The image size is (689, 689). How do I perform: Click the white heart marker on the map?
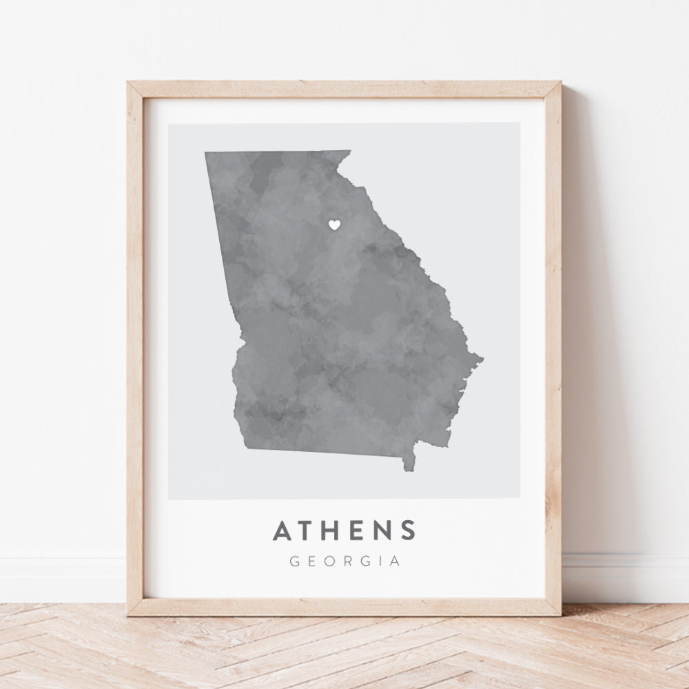point(333,224)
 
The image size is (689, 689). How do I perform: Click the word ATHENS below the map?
point(344,531)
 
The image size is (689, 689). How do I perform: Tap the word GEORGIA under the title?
point(344,561)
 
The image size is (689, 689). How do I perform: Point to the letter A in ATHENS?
point(282,531)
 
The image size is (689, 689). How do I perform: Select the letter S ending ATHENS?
point(408,531)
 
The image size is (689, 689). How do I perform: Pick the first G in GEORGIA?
point(294,561)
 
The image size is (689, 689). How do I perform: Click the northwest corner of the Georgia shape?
point(205,153)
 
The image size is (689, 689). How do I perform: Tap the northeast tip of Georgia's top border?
point(350,151)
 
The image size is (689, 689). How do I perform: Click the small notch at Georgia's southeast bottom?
point(407,470)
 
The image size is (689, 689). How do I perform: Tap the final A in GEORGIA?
point(395,561)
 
